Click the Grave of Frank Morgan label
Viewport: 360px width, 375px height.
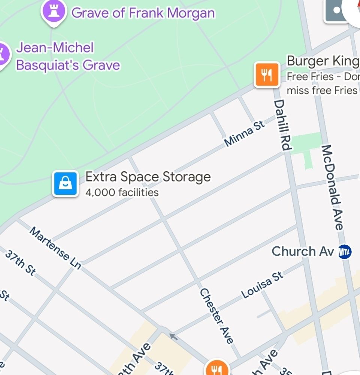pos(143,13)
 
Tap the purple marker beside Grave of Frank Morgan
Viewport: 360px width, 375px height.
pos(54,11)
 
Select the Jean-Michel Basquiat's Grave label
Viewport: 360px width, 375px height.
pos(68,57)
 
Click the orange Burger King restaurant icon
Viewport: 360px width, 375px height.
pos(267,75)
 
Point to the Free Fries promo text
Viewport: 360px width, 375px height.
pos(322,83)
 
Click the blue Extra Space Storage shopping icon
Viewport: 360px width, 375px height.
pos(66,184)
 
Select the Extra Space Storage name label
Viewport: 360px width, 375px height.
pos(148,177)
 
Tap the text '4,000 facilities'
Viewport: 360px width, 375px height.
pos(122,193)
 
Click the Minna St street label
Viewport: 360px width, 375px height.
pos(245,134)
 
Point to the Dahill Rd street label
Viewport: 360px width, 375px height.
pos(282,125)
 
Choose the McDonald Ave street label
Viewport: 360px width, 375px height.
pos(332,187)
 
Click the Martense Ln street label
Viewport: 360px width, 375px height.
pos(55,248)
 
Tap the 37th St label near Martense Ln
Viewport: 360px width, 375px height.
pos(20,264)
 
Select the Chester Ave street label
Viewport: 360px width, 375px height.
pos(217,316)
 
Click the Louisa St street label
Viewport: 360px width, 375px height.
pos(262,286)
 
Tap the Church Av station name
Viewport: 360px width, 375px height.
pos(303,251)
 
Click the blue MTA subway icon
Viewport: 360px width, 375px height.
pos(345,252)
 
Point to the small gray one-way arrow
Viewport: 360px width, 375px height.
pos(173,336)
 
